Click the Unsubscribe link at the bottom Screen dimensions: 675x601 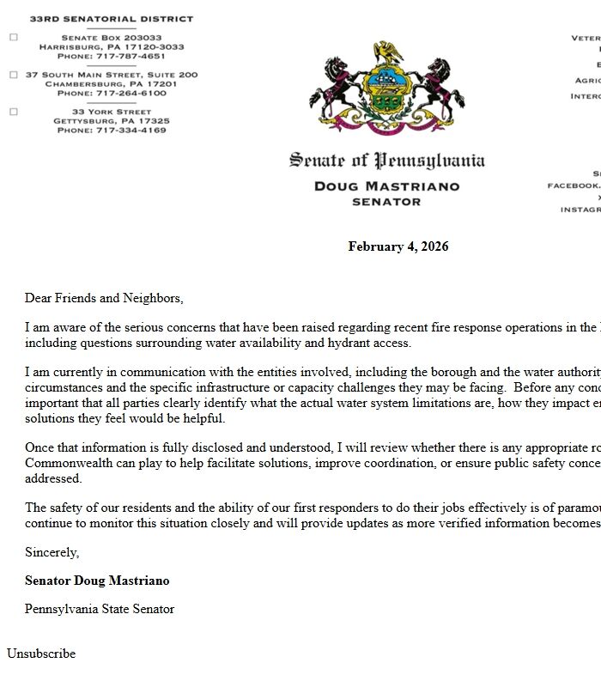pyautogui.click(x=41, y=654)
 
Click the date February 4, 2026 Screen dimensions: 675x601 pyautogui.click(x=398, y=246)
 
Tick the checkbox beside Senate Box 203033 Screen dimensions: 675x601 pyautogui.click(x=13, y=38)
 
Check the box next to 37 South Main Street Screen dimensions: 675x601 pyautogui.click(x=13, y=75)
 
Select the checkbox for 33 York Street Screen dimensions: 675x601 pyautogui.click(x=13, y=112)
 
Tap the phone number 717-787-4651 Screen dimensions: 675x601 pyautogui.click(x=131, y=56)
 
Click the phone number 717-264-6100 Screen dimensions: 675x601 pyautogui.click(x=131, y=93)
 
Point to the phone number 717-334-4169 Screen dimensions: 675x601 pyautogui.click(x=131, y=131)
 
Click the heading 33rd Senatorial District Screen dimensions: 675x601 pyautogui.click(x=112, y=18)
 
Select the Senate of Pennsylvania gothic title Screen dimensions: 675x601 pyautogui.click(x=386, y=161)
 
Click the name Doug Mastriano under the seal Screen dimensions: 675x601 pyautogui.click(x=386, y=185)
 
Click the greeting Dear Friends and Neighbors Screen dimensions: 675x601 pyautogui.click(x=104, y=298)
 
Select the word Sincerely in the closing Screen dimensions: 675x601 pyautogui.click(x=52, y=552)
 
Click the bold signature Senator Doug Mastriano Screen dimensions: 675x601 pyautogui.click(x=97, y=581)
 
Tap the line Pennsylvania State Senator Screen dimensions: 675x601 pyautogui.click(x=100, y=609)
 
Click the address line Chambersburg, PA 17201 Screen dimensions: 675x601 pyautogui.click(x=112, y=84)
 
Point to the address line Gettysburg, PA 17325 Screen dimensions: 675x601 pyautogui.click(x=112, y=121)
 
